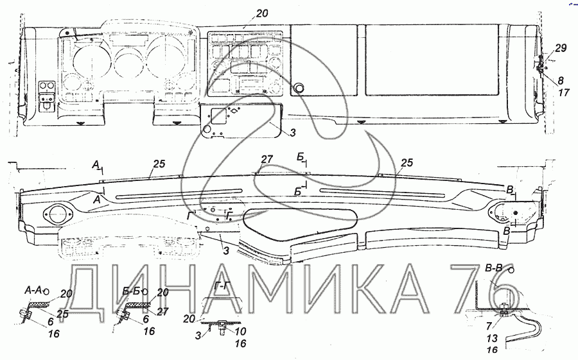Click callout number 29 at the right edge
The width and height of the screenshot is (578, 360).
pos(560,48)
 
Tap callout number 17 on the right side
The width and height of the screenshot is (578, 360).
pos(564,92)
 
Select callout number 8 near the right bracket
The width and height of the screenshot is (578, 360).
pos(560,80)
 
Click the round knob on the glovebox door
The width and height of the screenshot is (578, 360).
pos(298,88)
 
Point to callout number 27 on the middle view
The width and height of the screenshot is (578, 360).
pos(267,159)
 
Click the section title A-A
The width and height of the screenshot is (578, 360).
pos(33,290)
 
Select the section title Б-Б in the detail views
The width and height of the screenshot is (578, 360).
pos(132,291)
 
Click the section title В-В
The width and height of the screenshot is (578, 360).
pos(493,269)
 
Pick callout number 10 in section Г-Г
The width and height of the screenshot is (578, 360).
pos(240,331)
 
